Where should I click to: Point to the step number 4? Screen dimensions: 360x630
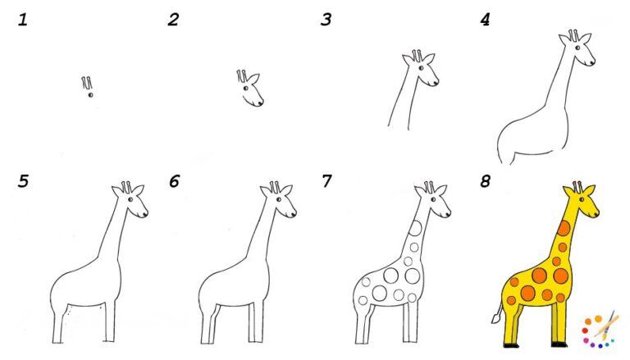485,19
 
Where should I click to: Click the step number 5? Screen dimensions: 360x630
22,181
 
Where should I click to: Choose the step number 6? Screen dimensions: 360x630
174,181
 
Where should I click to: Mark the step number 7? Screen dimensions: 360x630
326,181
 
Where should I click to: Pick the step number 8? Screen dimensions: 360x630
485,181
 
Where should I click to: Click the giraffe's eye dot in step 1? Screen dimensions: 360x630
90,95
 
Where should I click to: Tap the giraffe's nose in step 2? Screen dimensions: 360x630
261,103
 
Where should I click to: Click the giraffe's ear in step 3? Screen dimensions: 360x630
430,59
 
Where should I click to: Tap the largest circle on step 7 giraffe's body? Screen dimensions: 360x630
392,274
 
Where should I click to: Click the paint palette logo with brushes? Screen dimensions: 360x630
599,328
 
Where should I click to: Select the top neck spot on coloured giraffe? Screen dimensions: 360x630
564,228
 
